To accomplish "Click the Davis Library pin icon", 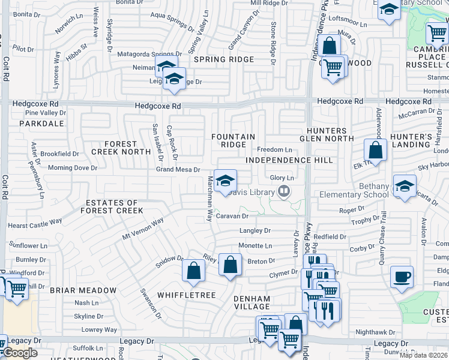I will point(285,192).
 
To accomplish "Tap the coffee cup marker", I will point(402,277).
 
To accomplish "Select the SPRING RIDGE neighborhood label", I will point(224,59).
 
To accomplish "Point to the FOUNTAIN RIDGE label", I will point(233,141).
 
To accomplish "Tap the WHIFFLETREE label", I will point(182,295).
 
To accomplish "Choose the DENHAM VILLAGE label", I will point(252,302).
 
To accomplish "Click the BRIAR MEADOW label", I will point(83,290).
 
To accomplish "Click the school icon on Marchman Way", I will point(225,181).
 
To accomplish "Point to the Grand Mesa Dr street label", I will point(178,170).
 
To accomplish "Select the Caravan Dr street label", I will point(232,216).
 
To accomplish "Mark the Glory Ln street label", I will point(282,178).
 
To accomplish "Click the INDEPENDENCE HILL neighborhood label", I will point(289,160).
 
